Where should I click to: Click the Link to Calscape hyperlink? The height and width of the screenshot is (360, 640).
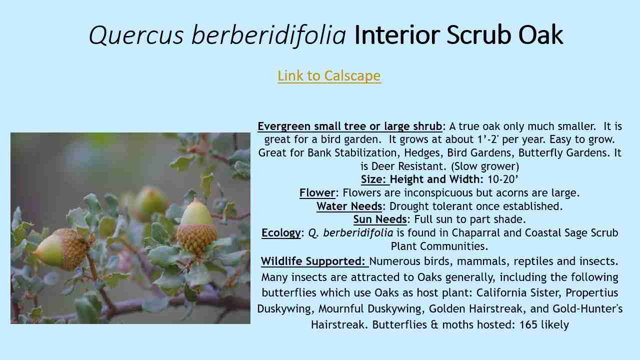[x=329, y=75]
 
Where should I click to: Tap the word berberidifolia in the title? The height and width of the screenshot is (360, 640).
[x=268, y=35]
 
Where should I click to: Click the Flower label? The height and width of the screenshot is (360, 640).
[x=317, y=193]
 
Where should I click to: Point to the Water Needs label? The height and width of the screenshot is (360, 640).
[x=349, y=206]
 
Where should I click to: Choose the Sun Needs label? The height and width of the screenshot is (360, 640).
[x=380, y=219]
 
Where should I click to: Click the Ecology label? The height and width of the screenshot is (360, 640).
[x=281, y=233]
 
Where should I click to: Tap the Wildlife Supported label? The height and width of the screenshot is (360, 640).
[x=313, y=261]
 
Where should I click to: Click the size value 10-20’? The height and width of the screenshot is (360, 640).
[x=503, y=179]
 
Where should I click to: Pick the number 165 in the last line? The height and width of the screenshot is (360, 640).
[x=528, y=324]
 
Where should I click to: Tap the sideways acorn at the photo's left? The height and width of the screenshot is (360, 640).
[x=60, y=248]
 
